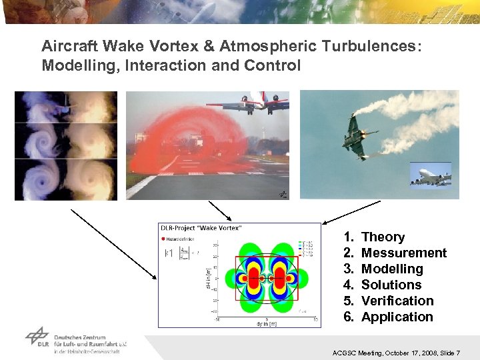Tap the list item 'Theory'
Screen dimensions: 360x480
[x=383, y=237]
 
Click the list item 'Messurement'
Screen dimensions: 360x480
[x=403, y=253]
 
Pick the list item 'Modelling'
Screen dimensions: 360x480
[x=391, y=269]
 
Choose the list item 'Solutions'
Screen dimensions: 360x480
[x=391, y=285]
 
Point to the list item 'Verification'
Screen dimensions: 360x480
[x=397, y=301]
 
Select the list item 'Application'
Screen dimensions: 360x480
[x=397, y=317]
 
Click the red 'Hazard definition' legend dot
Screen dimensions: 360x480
[x=163, y=238]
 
